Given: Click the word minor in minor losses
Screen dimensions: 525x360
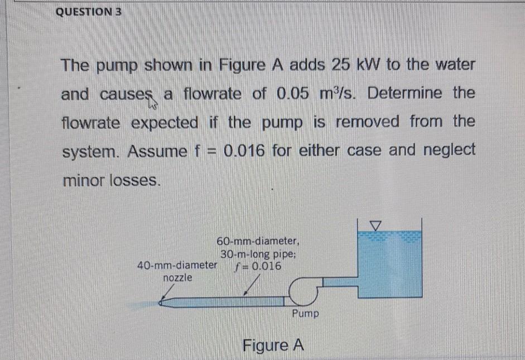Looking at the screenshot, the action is tap(83, 180).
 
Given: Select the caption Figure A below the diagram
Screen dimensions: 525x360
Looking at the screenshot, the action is tap(273, 345).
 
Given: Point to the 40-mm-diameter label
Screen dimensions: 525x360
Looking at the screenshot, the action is tap(176, 265).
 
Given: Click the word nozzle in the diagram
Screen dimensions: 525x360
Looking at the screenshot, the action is tap(177, 277).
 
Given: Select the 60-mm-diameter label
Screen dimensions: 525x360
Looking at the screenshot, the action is tap(259, 242).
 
